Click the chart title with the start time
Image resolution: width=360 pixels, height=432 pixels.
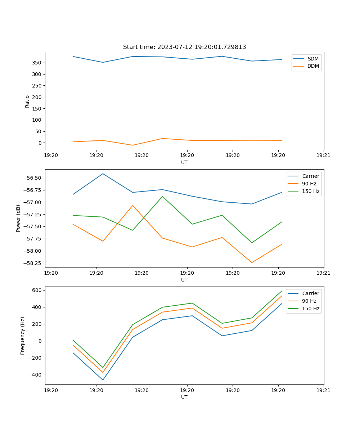click(x=184, y=47)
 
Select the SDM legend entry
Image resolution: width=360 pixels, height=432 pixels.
click(x=313, y=59)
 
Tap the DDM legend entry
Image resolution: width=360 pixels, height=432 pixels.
click(x=313, y=66)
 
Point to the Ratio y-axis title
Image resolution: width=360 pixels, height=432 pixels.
click(x=27, y=101)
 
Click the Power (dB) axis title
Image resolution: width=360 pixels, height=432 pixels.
click(x=18, y=218)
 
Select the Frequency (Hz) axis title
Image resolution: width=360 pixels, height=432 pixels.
click(x=23, y=336)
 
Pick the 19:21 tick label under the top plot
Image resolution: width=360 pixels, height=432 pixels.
click(x=324, y=156)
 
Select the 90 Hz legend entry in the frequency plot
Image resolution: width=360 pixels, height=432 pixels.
click(x=309, y=301)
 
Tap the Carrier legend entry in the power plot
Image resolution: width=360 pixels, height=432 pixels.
click(x=310, y=176)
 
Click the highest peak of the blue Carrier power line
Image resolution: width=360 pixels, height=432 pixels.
click(x=103, y=174)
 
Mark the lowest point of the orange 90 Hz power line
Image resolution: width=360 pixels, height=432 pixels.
click(x=252, y=262)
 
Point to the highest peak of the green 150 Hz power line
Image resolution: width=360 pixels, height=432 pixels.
click(x=162, y=196)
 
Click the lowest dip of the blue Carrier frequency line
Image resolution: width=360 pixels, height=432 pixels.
click(x=103, y=380)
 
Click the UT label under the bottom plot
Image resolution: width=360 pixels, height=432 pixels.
click(x=184, y=397)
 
